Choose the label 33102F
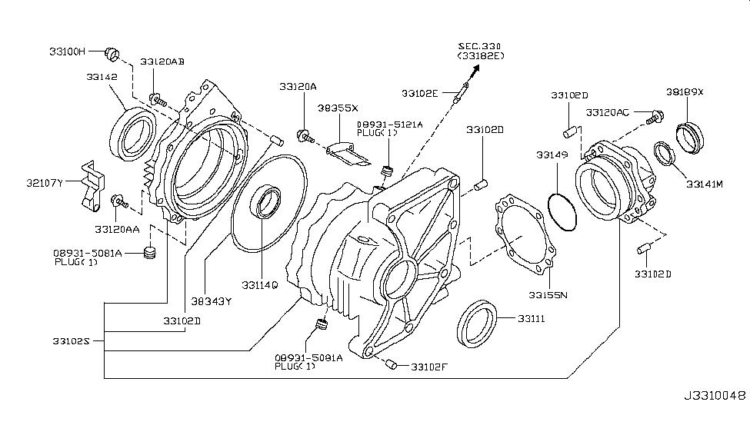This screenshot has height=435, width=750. click(x=428, y=367)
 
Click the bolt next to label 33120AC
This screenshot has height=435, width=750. click(x=655, y=116)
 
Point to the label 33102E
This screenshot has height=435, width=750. click(x=419, y=93)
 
